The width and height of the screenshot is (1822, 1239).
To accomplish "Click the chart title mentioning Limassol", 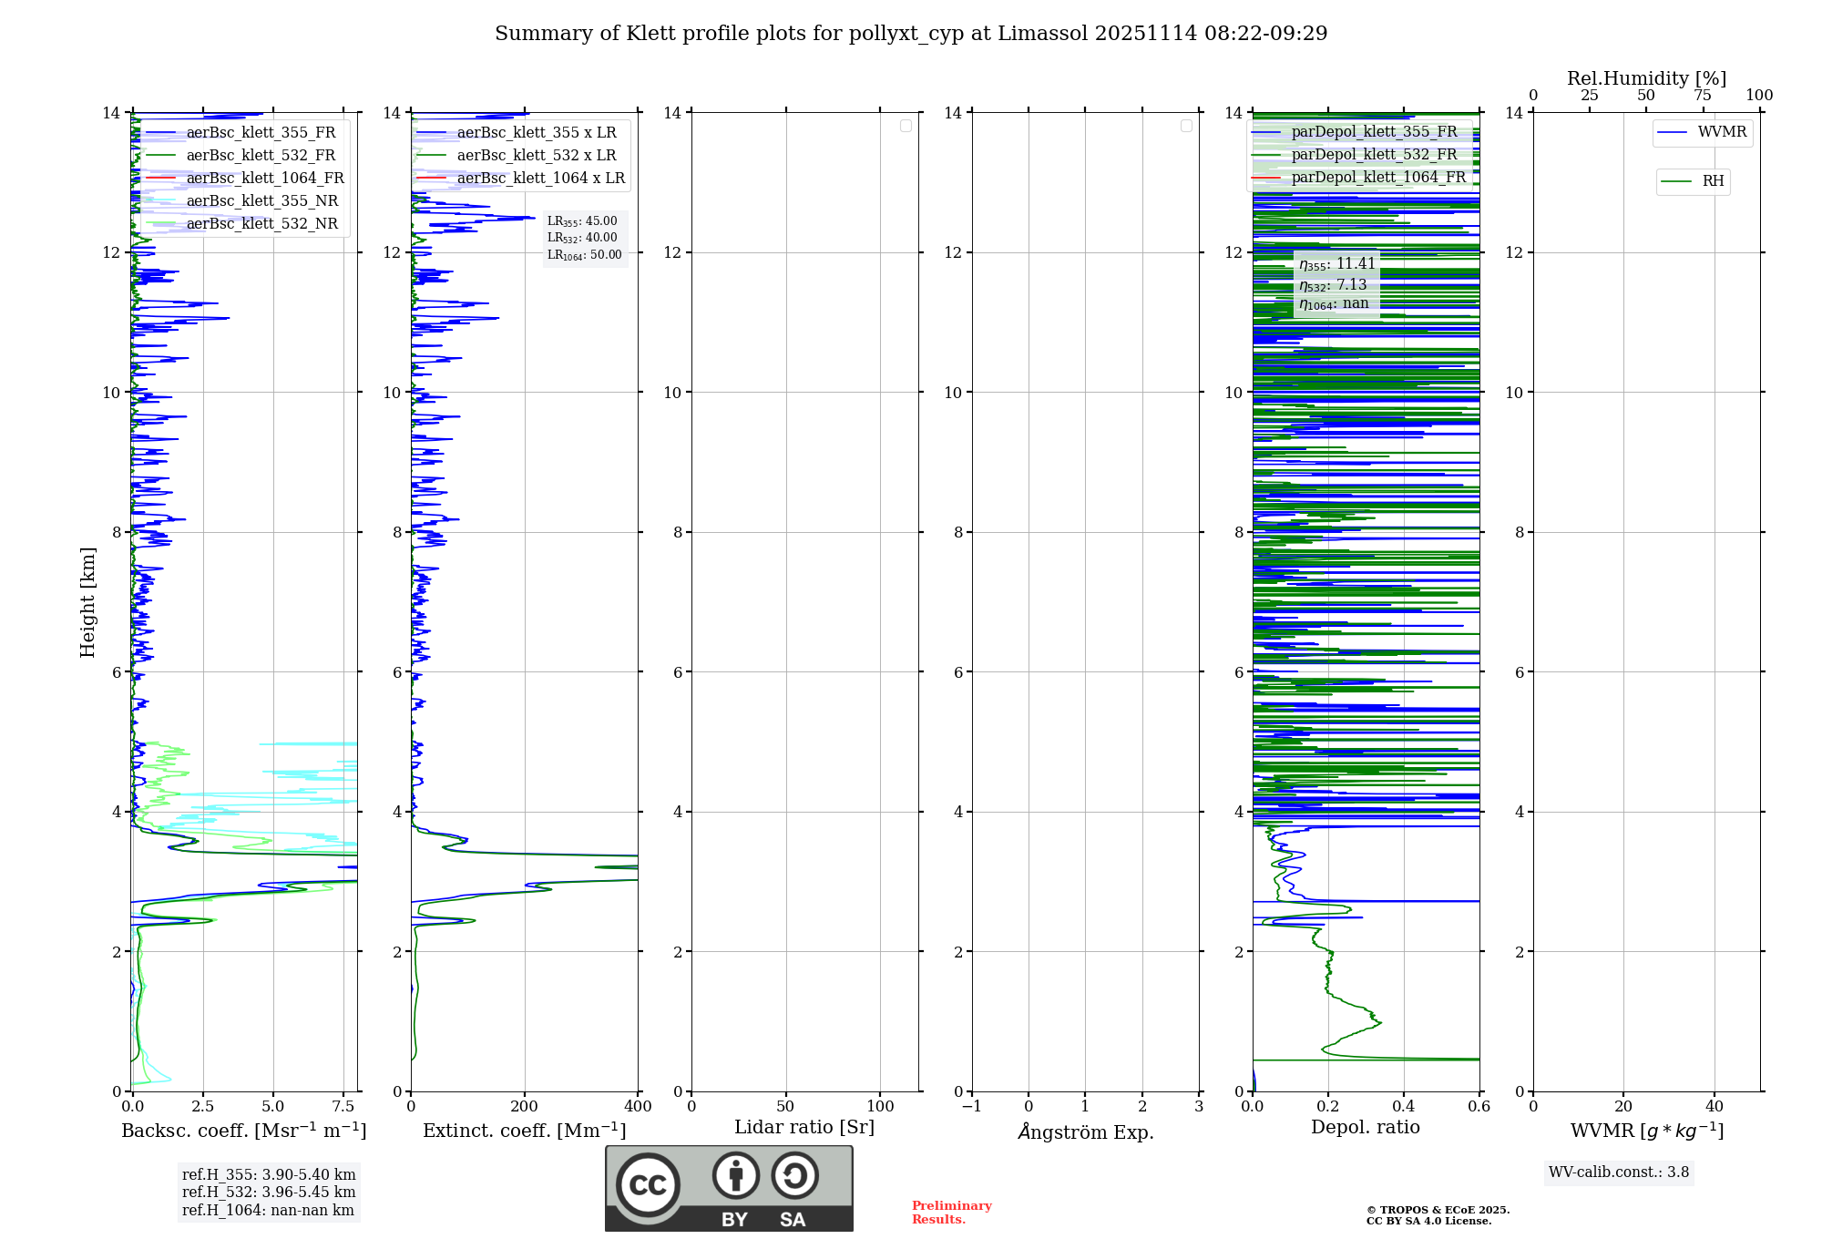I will [x=911, y=34].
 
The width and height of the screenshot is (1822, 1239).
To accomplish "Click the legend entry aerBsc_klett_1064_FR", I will [x=264, y=179].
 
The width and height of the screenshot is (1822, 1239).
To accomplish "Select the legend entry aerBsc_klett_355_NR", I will [x=261, y=201].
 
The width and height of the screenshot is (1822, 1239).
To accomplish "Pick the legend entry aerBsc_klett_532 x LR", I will [x=536, y=156].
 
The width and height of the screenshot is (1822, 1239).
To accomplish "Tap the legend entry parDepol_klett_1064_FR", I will [x=1377, y=178].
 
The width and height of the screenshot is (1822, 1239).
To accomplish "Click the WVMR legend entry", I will [x=1721, y=132].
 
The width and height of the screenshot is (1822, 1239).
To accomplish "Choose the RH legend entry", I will [x=1712, y=181].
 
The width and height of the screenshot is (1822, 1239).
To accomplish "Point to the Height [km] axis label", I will [x=87, y=602].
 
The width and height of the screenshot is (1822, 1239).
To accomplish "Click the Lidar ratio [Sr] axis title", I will [x=804, y=1128].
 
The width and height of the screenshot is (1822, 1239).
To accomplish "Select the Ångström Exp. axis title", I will [x=1085, y=1131].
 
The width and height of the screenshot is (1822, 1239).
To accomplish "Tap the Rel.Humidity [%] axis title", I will [x=1646, y=78].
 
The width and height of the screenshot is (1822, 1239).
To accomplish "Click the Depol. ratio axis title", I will [x=1365, y=1128].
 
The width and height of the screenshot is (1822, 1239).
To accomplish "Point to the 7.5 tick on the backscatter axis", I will [x=343, y=1107].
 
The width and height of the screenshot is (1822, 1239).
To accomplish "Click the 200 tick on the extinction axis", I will [x=525, y=1107].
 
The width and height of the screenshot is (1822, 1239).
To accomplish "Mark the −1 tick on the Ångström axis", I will [x=971, y=1107].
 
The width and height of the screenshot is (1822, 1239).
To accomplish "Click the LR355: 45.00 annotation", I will [x=582, y=221].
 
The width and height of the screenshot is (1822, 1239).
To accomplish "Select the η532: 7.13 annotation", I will [x=1333, y=285].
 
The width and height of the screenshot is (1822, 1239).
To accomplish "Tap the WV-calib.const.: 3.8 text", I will [x=1619, y=1172].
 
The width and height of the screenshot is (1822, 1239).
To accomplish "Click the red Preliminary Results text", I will [x=951, y=1213].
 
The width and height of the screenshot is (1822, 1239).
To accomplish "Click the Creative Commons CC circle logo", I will [x=648, y=1185].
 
